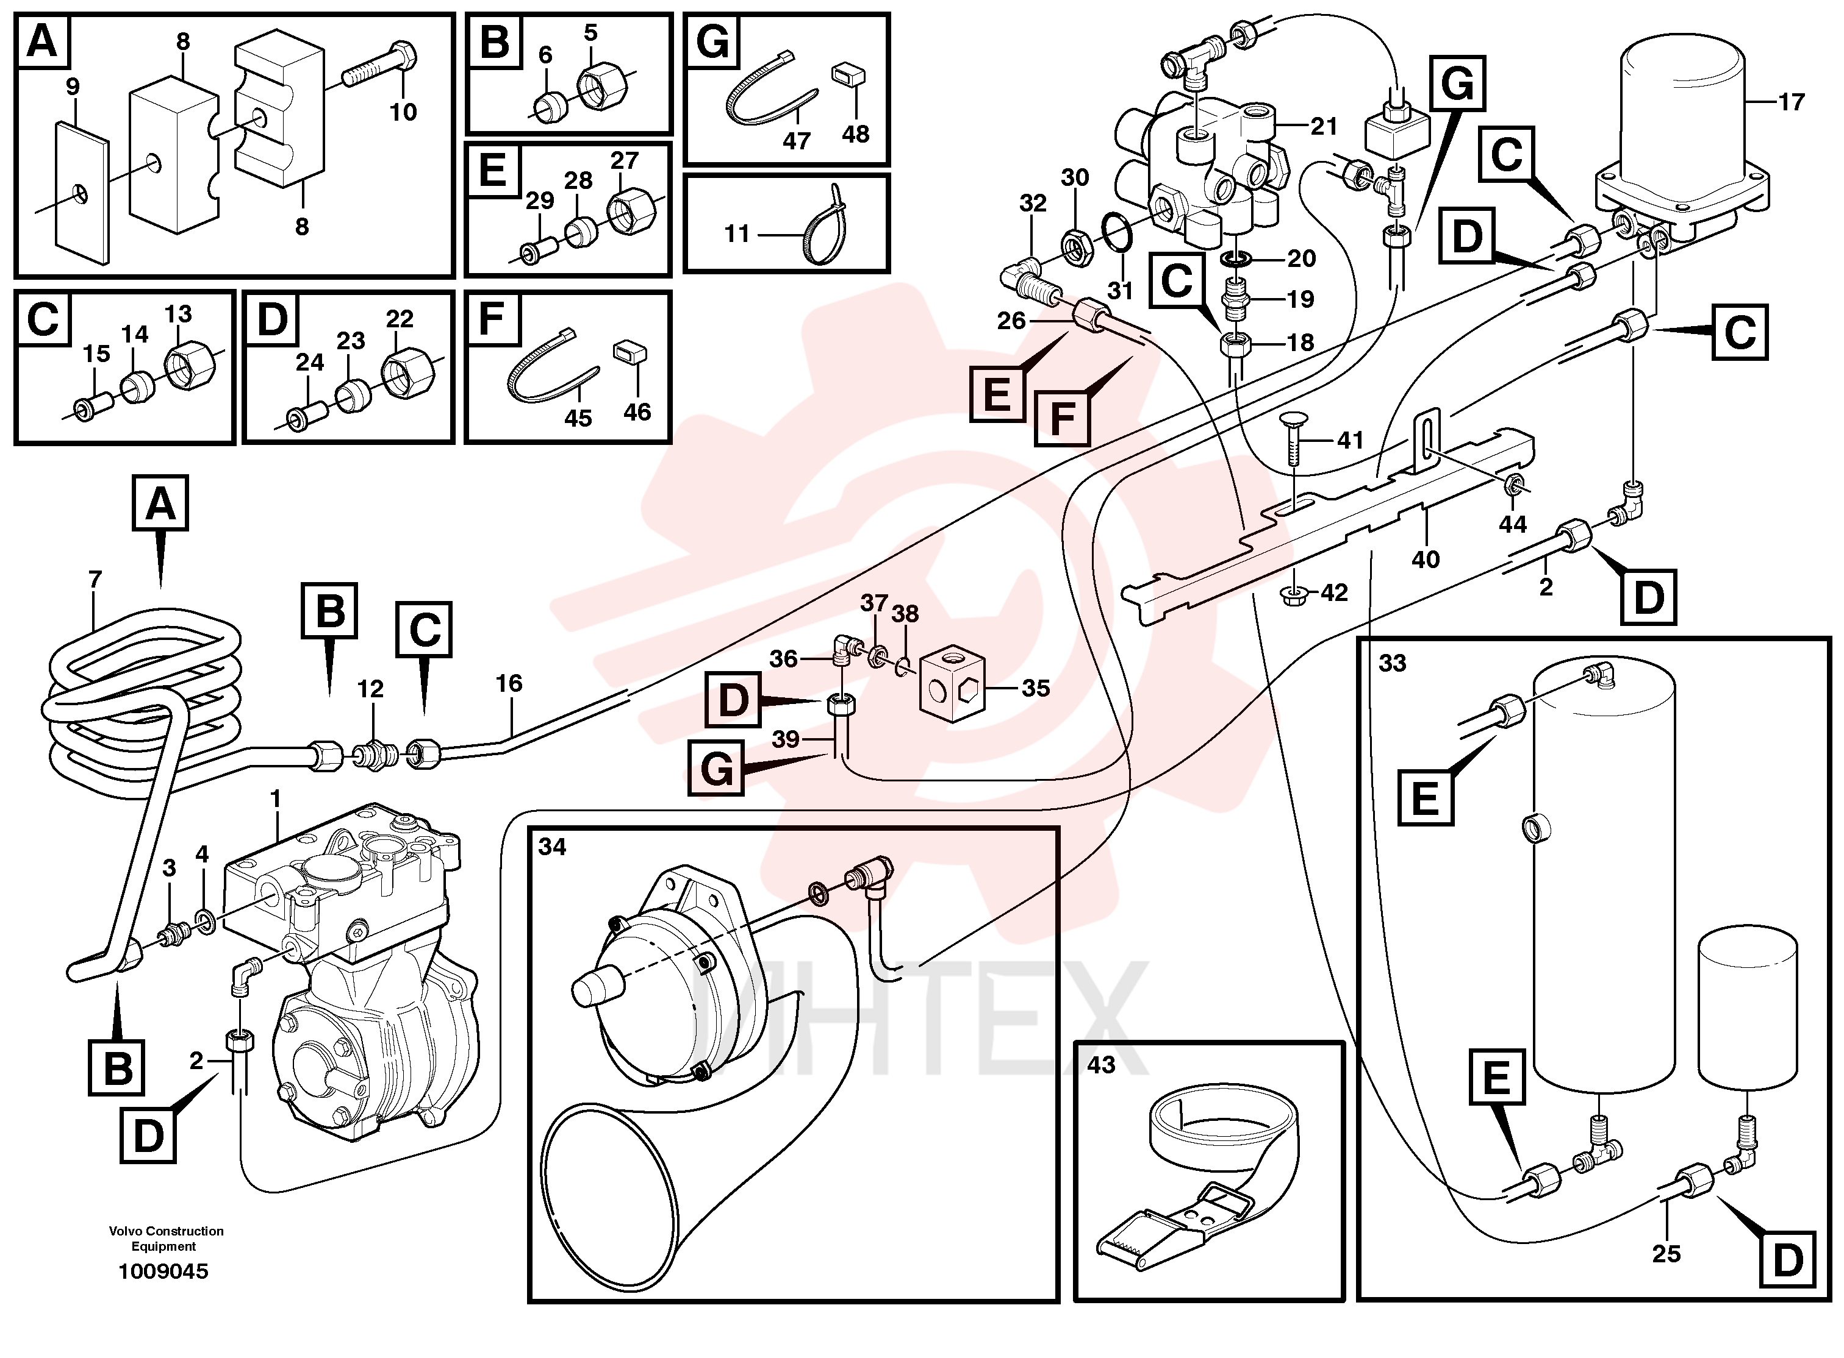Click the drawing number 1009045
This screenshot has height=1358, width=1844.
pos(163,1271)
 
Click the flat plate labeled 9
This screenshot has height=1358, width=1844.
pos(82,193)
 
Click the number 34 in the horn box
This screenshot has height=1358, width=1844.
pos(552,847)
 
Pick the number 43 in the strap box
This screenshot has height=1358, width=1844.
pos(1101,1065)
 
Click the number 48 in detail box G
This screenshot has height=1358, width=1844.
pos(855,134)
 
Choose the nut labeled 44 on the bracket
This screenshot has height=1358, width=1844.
pos(1512,486)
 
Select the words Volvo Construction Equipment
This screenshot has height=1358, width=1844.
pos(166,1238)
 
